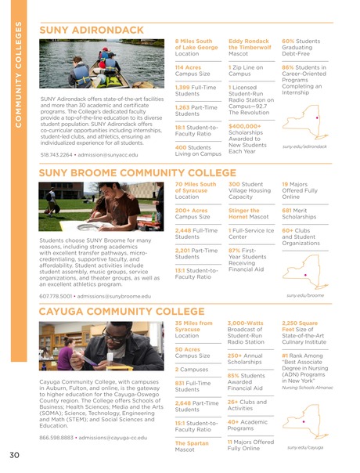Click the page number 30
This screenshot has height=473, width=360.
(15, 457)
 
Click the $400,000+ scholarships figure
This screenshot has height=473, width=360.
(244, 125)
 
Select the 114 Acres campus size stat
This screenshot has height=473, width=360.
(188, 68)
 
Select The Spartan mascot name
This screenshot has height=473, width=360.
(189, 443)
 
